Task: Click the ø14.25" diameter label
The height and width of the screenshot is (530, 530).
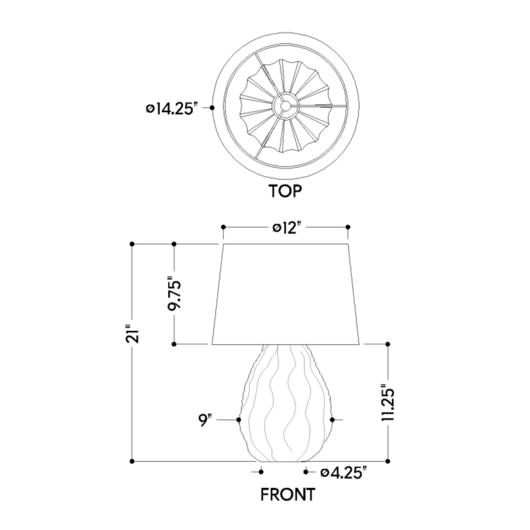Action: (x=172, y=109)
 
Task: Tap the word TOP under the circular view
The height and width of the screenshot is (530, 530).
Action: (x=285, y=191)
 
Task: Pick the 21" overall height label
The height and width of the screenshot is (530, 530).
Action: (x=132, y=334)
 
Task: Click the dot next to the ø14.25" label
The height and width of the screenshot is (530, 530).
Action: (x=212, y=108)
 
